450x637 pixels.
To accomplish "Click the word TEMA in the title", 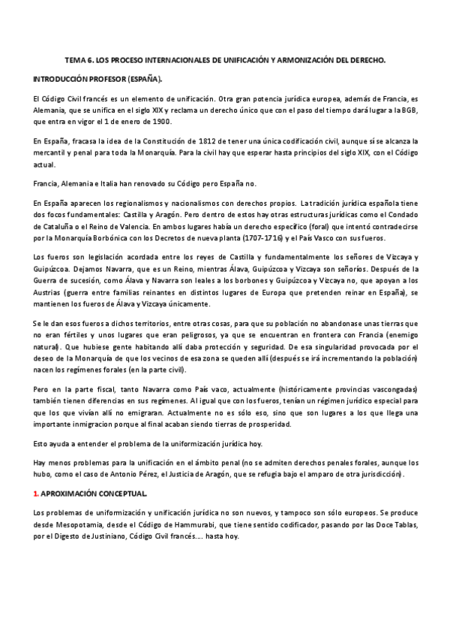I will pos(75,59).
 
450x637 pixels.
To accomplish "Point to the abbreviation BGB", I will pos(405,110).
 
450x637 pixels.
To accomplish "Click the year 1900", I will pos(160,121).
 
